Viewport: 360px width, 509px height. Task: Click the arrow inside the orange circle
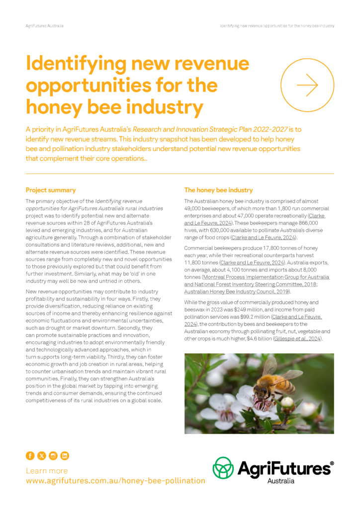pyautogui.click(x=307, y=85)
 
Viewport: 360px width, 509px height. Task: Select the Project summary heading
pyautogui.click(x=51, y=190)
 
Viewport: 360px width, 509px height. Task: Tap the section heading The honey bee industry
pyautogui.click(x=218, y=190)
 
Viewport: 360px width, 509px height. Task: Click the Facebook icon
pyautogui.click(x=30, y=455)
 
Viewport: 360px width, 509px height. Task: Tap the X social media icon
pyautogui.click(x=41, y=455)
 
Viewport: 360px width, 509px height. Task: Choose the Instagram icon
pyautogui.click(x=53, y=455)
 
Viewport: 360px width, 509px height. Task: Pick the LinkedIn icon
pyautogui.click(x=64, y=455)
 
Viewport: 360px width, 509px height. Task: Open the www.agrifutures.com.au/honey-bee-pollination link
pyautogui.click(x=115, y=481)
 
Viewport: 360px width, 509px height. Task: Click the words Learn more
pyautogui.click(x=47, y=470)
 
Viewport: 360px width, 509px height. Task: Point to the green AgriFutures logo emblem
pyautogui.click(x=223, y=468)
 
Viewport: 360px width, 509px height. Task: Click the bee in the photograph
pyautogui.click(x=276, y=382)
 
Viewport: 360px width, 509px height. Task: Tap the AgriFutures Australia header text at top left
pyautogui.click(x=45, y=25)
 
